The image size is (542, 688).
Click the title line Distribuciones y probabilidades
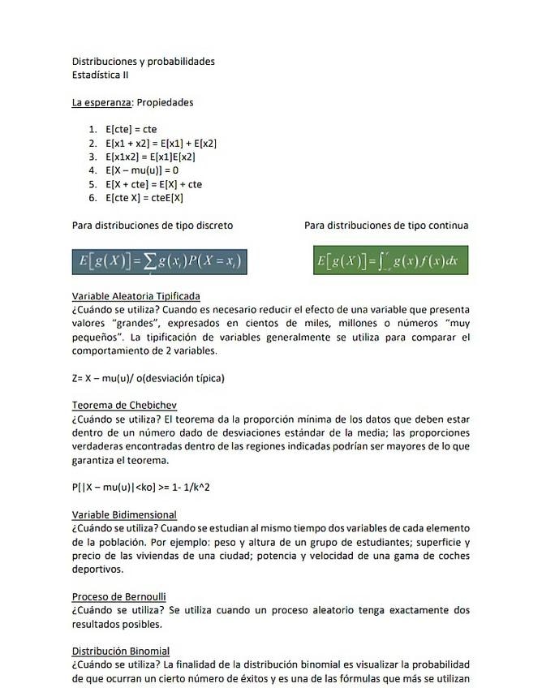[x=143, y=62]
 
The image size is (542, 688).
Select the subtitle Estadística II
[x=100, y=75]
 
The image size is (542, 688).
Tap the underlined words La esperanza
[x=102, y=102]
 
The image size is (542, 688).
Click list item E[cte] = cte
[x=131, y=129]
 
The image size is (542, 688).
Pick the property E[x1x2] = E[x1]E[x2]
[x=150, y=157]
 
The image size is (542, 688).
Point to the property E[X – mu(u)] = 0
[x=142, y=170]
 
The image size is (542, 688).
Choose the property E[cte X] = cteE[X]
[x=144, y=198]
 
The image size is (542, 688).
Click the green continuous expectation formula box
[x=390, y=261]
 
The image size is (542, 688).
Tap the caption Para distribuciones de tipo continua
[x=386, y=226]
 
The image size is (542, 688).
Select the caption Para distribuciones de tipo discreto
[x=153, y=226]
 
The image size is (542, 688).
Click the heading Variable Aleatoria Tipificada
[x=135, y=296]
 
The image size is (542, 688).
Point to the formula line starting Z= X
[x=148, y=378]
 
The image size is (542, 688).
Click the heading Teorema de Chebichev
[x=124, y=406]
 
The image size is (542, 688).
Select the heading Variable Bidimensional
[x=124, y=515]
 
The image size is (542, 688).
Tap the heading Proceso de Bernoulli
[x=118, y=597]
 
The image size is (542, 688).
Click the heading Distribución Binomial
[x=121, y=651]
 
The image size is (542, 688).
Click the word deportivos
[x=97, y=570]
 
